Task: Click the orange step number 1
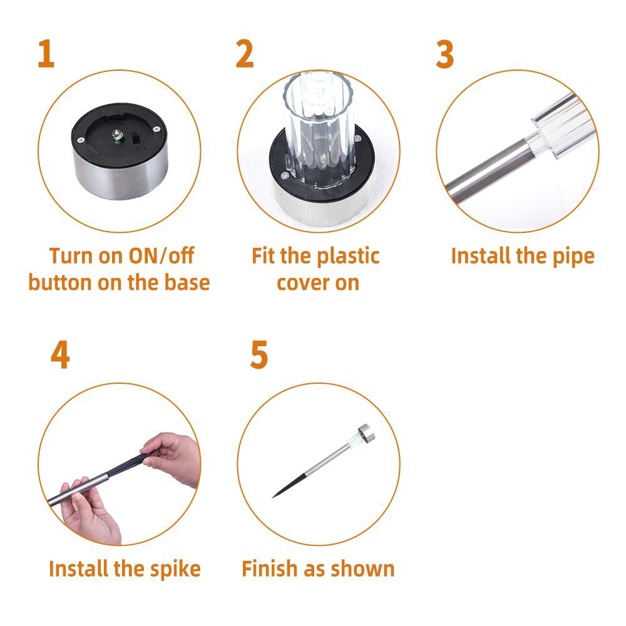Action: click(46, 54)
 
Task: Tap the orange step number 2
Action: click(245, 54)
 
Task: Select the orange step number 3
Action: click(444, 54)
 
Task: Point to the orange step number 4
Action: click(59, 356)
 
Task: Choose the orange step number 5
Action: click(259, 356)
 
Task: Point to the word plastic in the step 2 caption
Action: click(347, 255)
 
